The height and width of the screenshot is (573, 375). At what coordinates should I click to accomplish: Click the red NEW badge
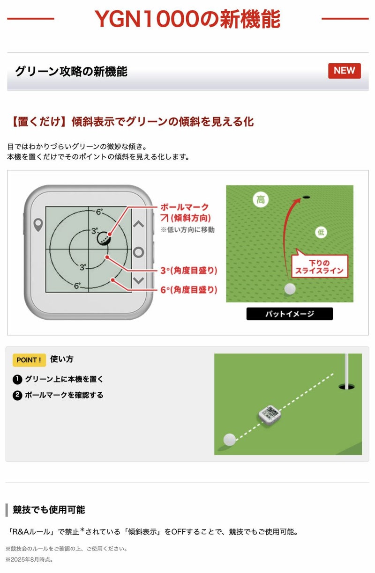[344, 71]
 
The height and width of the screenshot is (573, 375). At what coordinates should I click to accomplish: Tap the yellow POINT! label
[29, 360]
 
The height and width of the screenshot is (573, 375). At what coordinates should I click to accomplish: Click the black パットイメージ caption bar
[289, 314]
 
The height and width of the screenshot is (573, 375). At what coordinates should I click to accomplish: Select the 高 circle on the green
[261, 199]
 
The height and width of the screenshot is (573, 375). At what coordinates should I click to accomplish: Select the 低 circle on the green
[321, 232]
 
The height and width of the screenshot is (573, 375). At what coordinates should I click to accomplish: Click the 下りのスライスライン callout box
[319, 266]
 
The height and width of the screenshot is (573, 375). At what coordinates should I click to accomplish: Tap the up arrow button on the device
[139, 224]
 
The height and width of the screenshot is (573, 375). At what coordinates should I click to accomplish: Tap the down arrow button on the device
[139, 280]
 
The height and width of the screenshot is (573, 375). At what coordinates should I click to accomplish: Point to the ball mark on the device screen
[104, 238]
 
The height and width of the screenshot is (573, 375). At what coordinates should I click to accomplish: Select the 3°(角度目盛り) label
[189, 271]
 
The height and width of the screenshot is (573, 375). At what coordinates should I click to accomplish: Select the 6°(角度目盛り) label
[189, 290]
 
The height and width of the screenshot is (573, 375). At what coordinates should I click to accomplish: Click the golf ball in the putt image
[290, 289]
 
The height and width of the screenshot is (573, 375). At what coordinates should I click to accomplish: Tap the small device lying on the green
[270, 412]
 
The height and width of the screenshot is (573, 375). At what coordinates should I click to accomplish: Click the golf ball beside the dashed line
[229, 440]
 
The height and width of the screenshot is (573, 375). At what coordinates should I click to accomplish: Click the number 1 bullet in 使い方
[17, 379]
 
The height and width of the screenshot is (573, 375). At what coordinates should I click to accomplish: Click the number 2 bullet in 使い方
[17, 395]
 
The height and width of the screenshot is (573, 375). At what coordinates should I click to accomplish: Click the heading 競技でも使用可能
[49, 509]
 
